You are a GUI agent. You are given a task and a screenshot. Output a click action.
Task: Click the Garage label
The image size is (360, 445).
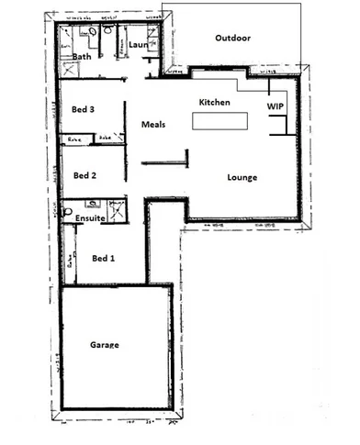pyautogui.click(x=106, y=345)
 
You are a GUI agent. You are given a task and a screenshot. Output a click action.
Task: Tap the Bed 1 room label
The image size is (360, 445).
pyautogui.click(x=104, y=259)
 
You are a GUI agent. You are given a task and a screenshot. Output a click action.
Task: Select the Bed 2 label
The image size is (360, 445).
pyautogui.click(x=85, y=174)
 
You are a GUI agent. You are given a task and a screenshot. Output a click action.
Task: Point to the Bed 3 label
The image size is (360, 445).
pyautogui.click(x=84, y=109)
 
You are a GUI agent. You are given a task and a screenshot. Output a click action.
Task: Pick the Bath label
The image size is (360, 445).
pyautogui.click(x=83, y=57)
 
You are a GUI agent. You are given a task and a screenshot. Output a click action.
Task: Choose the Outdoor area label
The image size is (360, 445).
pyautogui.click(x=232, y=38)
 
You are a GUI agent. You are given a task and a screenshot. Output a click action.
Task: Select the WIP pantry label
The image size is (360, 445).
pyautogui.click(x=275, y=107)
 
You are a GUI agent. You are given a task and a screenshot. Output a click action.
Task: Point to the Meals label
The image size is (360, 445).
pyautogui.click(x=152, y=124)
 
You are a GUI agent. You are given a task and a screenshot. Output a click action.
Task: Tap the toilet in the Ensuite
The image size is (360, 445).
pyautogui.click(x=69, y=211)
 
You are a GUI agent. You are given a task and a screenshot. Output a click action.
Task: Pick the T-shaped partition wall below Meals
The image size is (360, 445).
pyautogui.click(x=165, y=164)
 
